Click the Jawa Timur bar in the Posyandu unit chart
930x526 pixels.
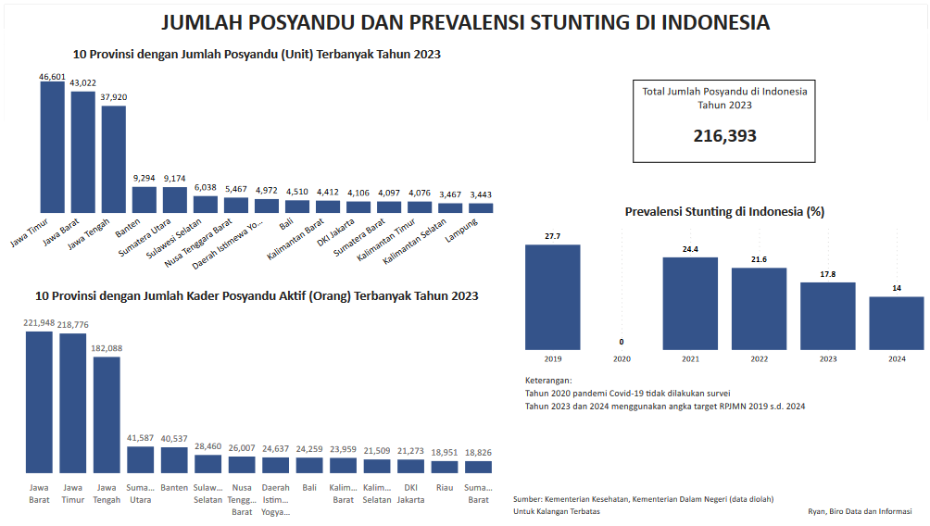click(x=52, y=147)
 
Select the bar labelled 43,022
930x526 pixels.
click(x=82, y=152)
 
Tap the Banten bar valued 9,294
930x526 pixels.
click(x=144, y=199)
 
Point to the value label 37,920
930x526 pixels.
click(x=113, y=96)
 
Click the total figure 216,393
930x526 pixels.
click(x=724, y=136)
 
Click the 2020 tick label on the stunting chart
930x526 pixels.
click(x=622, y=358)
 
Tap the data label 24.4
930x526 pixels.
click(x=690, y=248)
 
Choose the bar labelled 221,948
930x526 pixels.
click(x=39, y=402)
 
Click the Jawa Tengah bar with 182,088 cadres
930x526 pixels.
click(x=107, y=415)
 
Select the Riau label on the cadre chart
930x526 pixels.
click(x=444, y=488)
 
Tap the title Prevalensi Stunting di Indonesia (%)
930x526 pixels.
click(x=724, y=211)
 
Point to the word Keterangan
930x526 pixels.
click(x=547, y=381)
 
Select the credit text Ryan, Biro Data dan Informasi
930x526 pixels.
click(x=859, y=510)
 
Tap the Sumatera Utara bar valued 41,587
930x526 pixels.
click(x=140, y=459)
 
